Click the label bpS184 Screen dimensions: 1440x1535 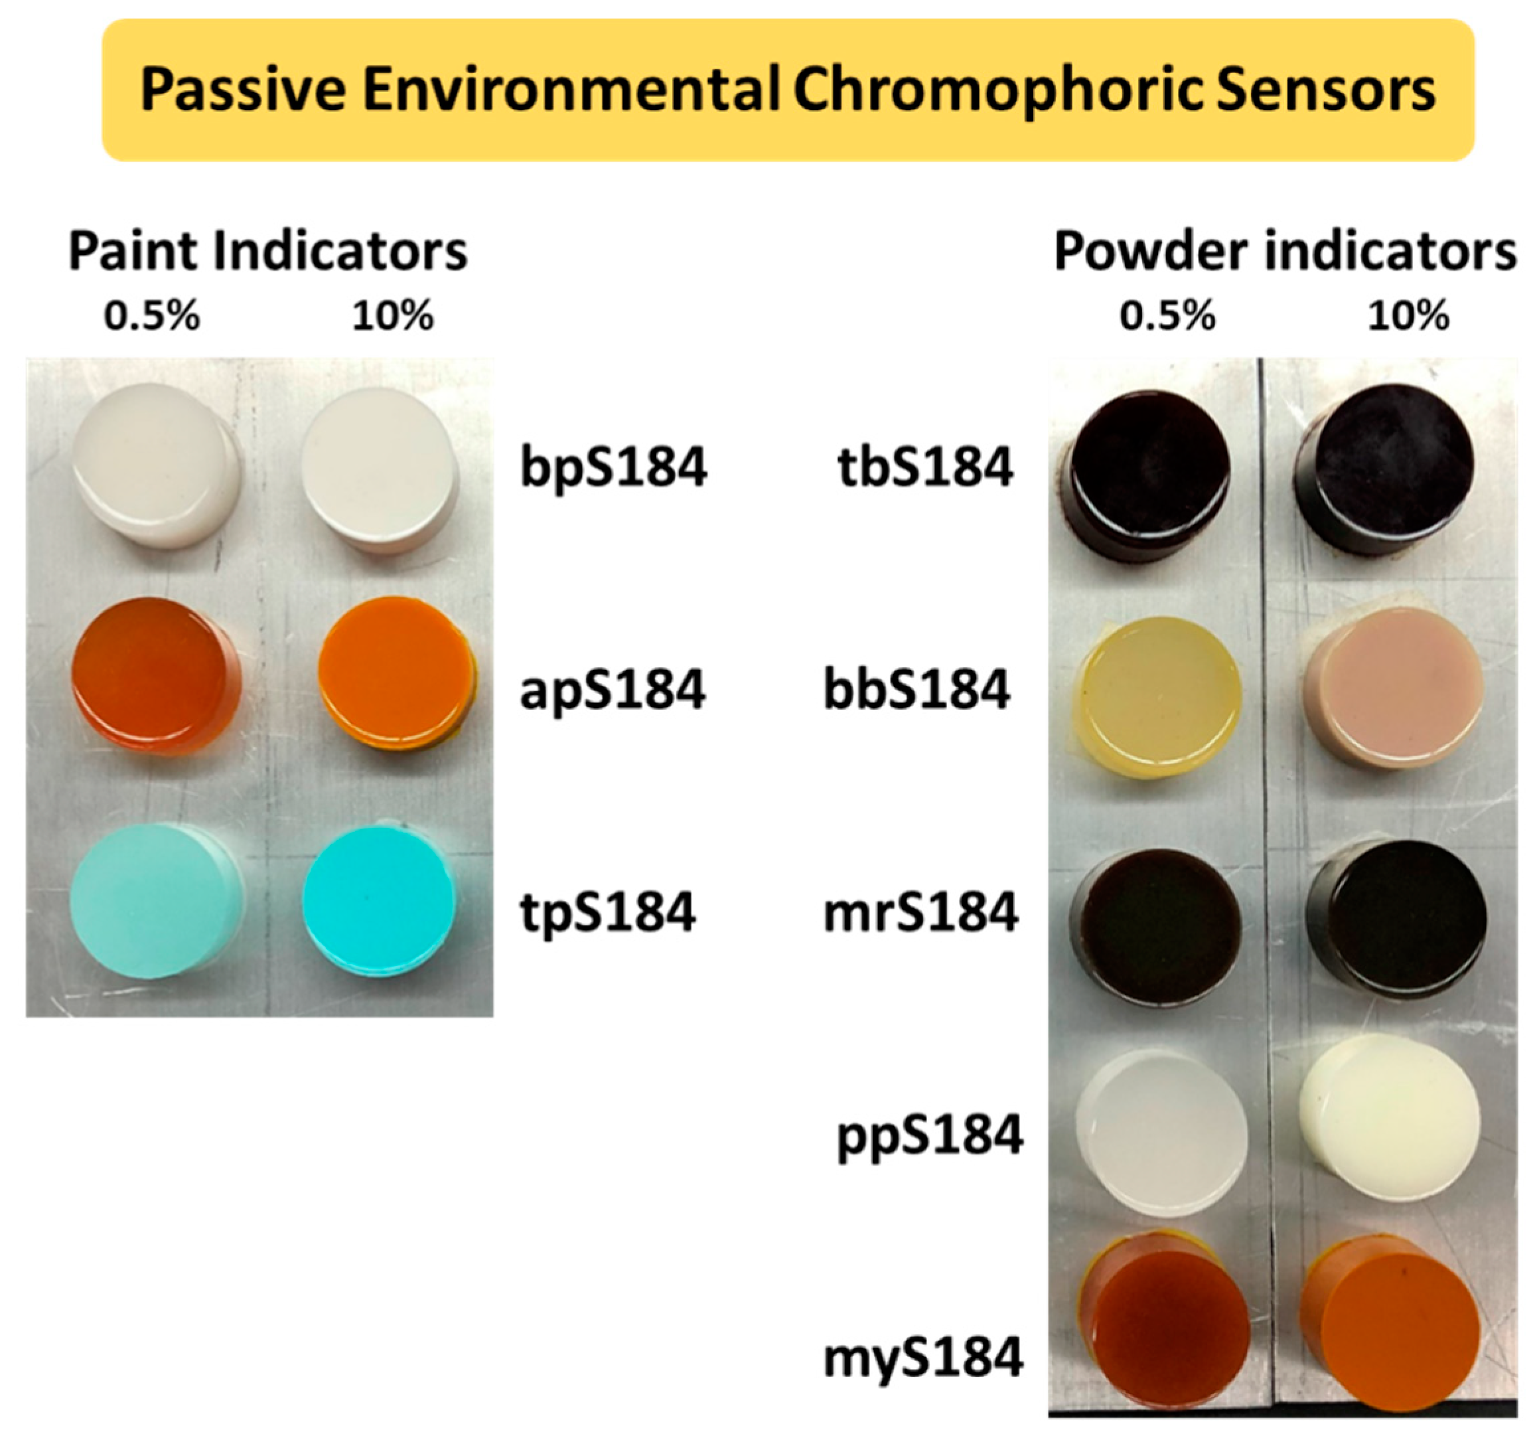point(613,467)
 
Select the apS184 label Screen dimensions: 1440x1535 point(613,690)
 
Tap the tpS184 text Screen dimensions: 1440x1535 point(608,912)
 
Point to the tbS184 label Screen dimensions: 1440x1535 point(925,467)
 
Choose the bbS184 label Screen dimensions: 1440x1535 point(916,690)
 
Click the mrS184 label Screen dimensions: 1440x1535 point(920,912)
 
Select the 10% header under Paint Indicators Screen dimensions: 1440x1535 point(393,316)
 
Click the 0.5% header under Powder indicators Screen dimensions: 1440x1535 point(1167,316)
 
